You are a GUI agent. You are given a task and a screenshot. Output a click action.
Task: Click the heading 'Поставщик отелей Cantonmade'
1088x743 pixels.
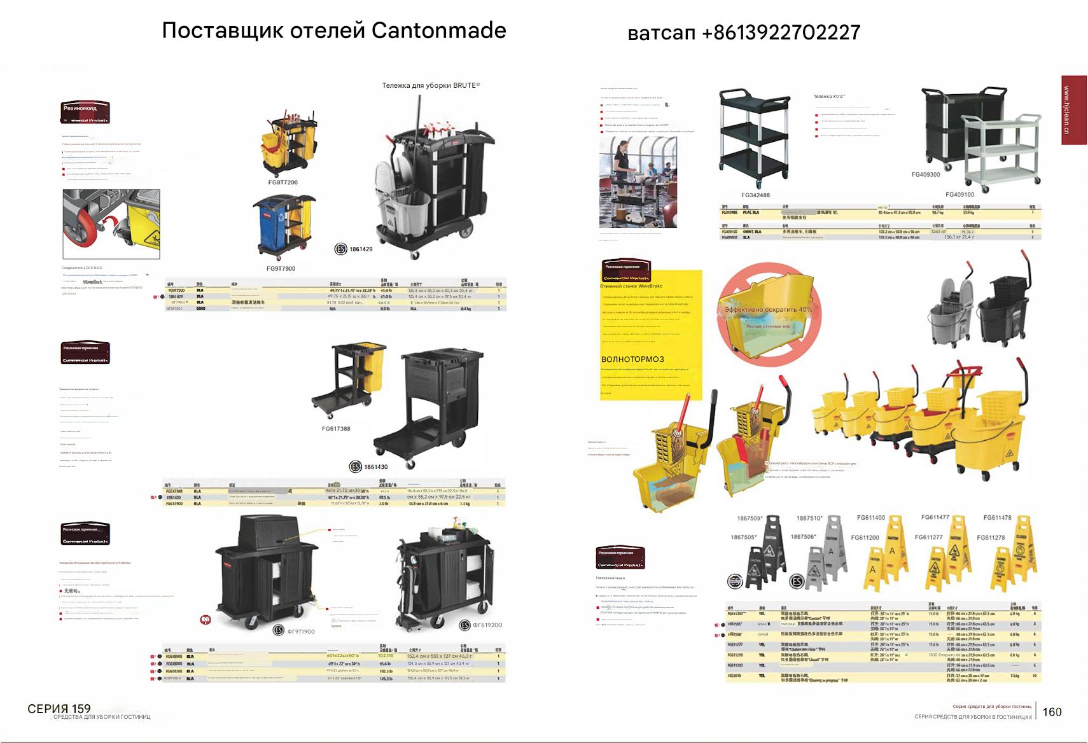click(x=334, y=31)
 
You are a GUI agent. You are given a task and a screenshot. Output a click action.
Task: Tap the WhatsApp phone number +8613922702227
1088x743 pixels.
click(x=744, y=32)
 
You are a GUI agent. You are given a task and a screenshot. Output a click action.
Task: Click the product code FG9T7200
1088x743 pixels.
click(x=282, y=183)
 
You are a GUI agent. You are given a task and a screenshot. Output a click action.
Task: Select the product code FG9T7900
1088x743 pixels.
click(x=281, y=268)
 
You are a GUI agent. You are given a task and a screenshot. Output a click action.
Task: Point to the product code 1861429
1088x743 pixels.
click(x=361, y=249)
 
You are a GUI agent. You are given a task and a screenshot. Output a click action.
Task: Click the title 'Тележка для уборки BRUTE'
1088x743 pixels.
click(x=431, y=85)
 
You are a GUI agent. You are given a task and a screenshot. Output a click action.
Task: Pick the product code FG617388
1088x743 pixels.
click(x=336, y=429)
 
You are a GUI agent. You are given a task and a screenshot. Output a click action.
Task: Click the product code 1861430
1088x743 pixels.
click(x=375, y=467)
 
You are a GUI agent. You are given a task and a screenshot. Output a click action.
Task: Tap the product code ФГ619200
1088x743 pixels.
click(x=487, y=625)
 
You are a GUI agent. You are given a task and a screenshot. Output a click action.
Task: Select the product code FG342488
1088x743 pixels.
click(x=755, y=195)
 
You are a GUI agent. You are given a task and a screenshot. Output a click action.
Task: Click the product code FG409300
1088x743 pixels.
click(x=925, y=174)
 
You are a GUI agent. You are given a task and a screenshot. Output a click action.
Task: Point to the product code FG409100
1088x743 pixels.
click(x=959, y=195)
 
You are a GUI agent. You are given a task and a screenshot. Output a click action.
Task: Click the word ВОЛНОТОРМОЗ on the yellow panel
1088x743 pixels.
click(x=632, y=359)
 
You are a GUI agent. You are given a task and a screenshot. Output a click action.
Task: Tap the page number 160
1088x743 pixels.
click(x=1052, y=712)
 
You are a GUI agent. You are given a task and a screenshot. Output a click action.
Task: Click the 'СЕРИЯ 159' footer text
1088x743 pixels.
click(x=59, y=709)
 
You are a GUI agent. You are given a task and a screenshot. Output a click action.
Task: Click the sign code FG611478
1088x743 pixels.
click(x=997, y=518)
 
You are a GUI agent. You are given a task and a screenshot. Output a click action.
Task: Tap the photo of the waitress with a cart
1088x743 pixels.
click(x=638, y=181)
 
